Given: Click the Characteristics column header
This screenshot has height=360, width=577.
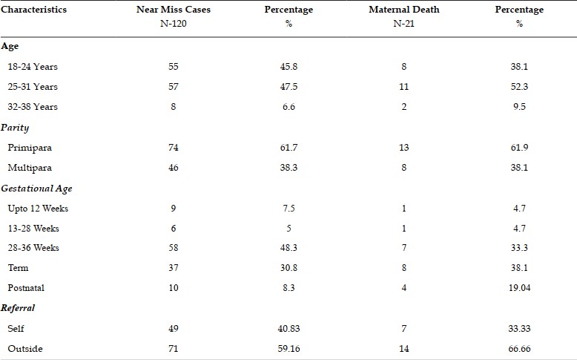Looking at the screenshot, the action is coord(33,10).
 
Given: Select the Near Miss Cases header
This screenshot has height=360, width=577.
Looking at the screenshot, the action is coord(174,10).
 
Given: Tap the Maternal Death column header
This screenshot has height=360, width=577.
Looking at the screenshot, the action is coord(404,10).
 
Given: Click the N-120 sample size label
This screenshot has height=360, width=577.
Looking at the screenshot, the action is coord(174,24).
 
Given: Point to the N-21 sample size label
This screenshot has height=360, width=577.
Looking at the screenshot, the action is coord(403,24).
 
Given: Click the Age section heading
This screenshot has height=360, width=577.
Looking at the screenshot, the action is coord(10,47).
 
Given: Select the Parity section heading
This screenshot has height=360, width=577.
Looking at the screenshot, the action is coord(15,128).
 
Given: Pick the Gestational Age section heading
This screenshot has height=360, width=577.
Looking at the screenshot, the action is coord(36,189).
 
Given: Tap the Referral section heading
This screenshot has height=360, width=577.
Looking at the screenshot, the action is coord(18,308).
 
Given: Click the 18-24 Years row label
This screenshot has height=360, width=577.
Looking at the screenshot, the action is coord(33,67).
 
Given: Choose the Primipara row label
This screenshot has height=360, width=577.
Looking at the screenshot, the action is coord(30,148).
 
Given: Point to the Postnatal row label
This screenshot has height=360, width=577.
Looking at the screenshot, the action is coord(26,288).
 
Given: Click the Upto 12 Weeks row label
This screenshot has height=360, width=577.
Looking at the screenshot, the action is coord(38,209).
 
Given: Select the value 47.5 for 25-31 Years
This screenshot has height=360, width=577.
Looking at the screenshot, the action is coord(288,87).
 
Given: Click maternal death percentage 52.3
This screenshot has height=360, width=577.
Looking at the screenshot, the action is coord(519,87).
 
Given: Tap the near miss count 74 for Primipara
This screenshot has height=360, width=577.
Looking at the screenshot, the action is coord(174,148).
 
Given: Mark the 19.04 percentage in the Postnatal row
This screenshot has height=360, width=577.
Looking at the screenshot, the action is coord(520,288).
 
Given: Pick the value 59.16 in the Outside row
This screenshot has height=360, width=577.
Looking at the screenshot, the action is coord(288,349).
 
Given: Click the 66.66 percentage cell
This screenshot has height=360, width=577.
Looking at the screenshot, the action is coord(519,349).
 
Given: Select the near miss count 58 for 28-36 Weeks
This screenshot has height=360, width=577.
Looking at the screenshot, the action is coord(174,248).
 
